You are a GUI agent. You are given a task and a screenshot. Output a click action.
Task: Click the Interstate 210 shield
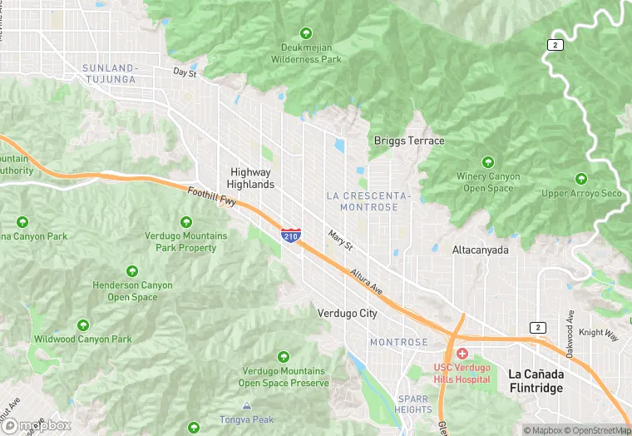point(291,235)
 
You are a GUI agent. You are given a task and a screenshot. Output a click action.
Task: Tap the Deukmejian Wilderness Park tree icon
point(307,33)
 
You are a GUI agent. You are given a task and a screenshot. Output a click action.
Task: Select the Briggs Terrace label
point(409,141)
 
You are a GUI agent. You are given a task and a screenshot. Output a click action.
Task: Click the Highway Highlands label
point(251,178)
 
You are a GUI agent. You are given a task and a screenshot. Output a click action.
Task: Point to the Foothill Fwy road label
point(211,200)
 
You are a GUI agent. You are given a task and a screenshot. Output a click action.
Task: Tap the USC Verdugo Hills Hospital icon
point(462,354)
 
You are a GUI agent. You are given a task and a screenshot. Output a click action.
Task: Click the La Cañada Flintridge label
point(536,381)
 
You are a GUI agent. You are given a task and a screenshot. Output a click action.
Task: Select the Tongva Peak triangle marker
point(246,405)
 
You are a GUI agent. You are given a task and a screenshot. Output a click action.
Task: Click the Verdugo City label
point(347,314)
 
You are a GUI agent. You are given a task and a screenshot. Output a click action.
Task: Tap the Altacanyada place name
point(481,250)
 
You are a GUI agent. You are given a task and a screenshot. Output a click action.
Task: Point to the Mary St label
point(340,241)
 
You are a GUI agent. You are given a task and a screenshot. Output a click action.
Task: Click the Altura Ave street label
point(366,281)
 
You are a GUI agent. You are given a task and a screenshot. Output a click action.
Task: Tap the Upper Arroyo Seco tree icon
point(581,179)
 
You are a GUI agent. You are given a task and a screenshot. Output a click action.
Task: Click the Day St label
point(185,72)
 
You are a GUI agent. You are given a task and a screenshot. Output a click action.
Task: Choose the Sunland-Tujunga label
point(110,73)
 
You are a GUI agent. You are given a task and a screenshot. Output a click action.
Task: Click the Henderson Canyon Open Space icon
point(132,271)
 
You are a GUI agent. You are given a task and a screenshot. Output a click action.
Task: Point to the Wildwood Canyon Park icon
point(83,325)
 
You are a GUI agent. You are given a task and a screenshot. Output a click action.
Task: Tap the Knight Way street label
point(599,334)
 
